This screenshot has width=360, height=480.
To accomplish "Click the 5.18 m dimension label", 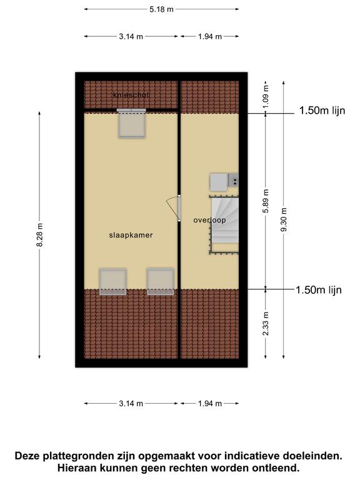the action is (161, 9).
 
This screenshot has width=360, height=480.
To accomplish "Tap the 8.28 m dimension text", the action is (40, 235).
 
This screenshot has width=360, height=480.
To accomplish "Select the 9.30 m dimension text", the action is (284, 219).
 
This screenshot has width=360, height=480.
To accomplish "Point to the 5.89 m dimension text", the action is (266, 201).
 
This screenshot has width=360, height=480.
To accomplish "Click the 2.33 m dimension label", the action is (266, 323).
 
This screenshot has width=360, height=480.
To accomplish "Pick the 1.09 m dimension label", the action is (266, 96).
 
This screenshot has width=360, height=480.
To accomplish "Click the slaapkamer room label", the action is (131, 235).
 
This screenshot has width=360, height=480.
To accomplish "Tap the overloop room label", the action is (210, 220).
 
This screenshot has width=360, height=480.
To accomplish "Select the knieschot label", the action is (131, 94).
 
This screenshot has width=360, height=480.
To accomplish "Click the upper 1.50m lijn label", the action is (322, 111).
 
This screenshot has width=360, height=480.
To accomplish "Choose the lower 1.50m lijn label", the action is (318, 289).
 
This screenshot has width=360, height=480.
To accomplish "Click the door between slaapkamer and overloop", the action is (179, 208).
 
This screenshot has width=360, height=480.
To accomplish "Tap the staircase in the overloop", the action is (224, 225).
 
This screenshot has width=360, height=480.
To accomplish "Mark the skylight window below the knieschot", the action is (132, 123).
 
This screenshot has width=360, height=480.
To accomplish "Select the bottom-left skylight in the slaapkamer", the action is (113, 282).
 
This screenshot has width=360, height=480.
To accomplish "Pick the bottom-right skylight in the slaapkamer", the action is (161, 282).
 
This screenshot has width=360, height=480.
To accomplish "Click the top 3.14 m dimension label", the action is (131, 36).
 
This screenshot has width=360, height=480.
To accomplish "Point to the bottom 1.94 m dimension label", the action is (210, 404).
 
